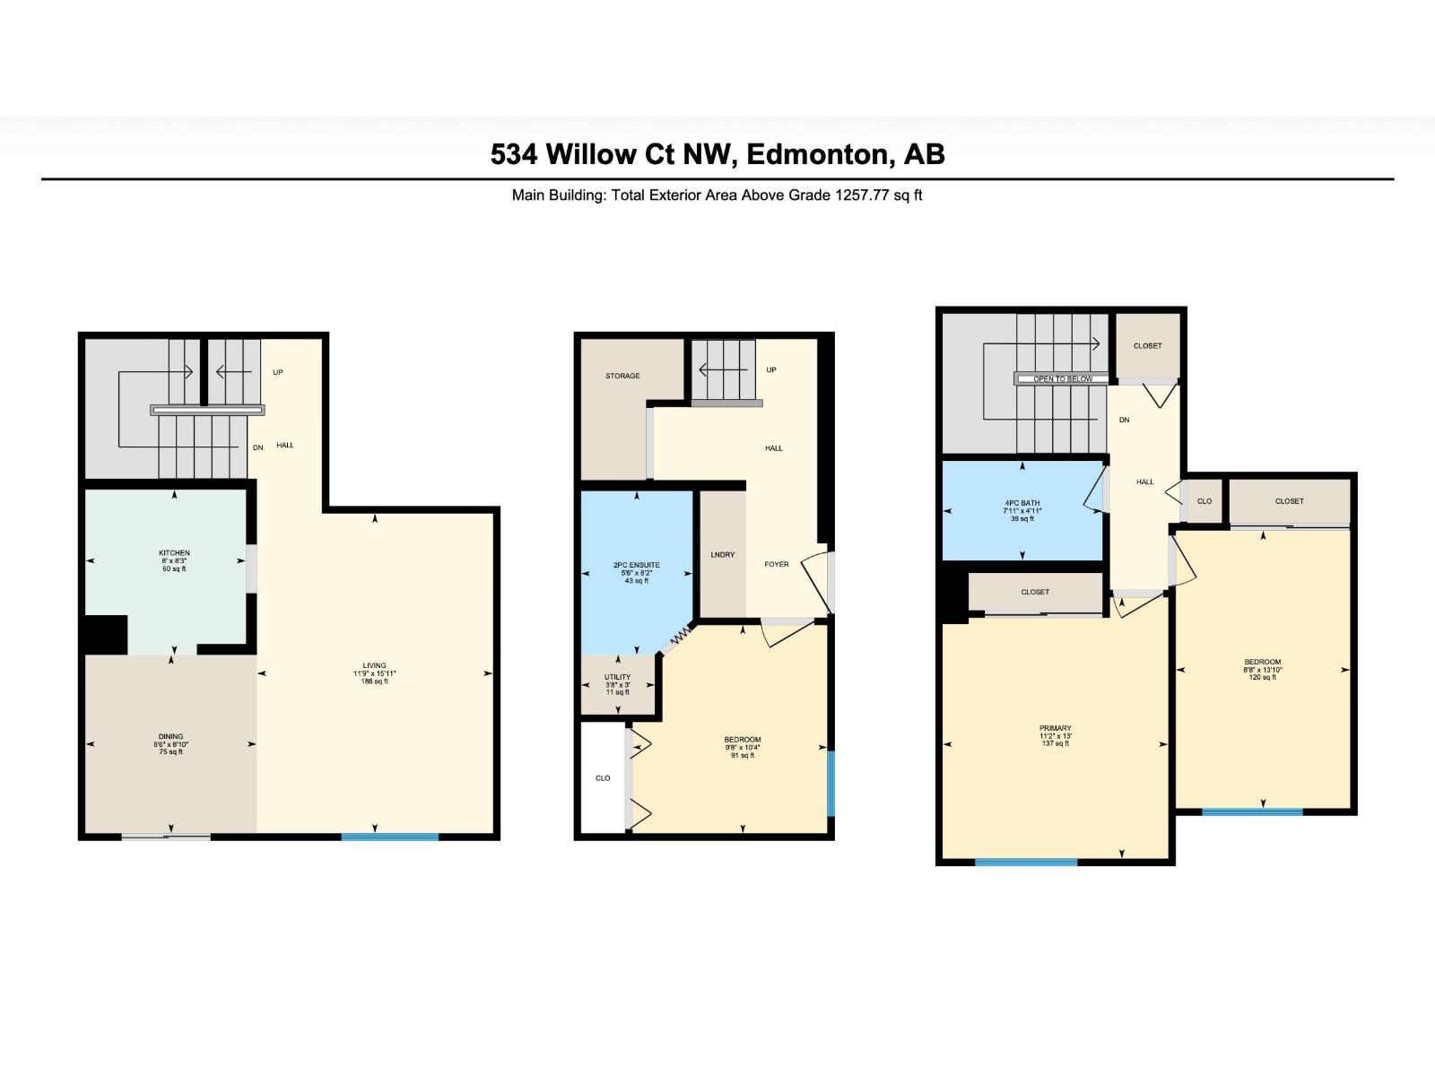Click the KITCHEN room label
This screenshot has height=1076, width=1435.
[x=174, y=553]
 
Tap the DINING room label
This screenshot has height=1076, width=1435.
[x=170, y=736]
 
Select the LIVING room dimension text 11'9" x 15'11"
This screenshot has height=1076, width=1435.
[x=374, y=673]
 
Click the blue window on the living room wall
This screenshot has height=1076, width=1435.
[x=389, y=837]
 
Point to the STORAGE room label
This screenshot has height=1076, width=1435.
[x=622, y=376]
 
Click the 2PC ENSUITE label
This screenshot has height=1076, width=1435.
[x=637, y=565]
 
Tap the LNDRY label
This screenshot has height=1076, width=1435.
[x=722, y=555]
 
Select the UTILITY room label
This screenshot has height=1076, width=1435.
[x=617, y=677]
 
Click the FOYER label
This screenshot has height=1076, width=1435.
[x=777, y=564]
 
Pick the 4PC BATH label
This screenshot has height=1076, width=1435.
[x=1022, y=503]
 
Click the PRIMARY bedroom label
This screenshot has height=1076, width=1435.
[x=1056, y=728]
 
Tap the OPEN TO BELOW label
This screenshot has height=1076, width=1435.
[x=1062, y=379]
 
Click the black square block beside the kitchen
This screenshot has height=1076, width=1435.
[x=105, y=634]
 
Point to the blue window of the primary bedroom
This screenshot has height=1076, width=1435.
[x=1026, y=862]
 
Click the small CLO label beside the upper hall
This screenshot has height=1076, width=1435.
[x=1204, y=501]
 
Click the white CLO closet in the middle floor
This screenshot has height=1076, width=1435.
[x=603, y=777]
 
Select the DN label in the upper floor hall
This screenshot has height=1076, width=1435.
[x=1124, y=420]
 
